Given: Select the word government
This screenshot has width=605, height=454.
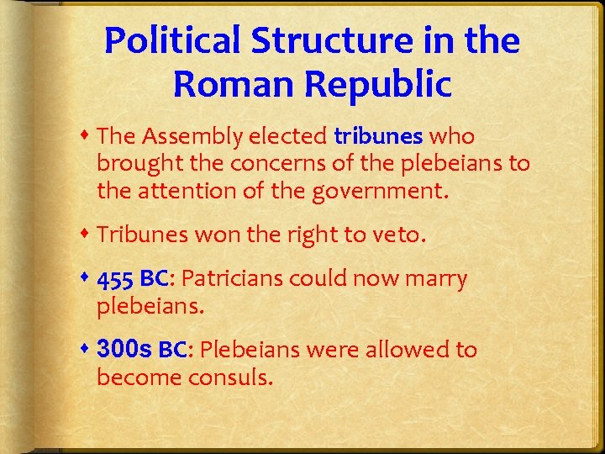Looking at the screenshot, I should click(380, 193).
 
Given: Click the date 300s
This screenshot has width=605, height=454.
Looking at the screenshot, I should click(124, 350).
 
